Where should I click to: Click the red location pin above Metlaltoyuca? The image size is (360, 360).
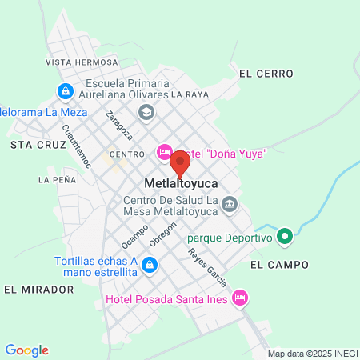coord(180,162)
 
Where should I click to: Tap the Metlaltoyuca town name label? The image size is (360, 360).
coord(182,183)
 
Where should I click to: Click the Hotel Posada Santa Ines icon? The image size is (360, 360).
coord(238,298)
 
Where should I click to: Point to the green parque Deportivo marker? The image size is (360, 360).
coord(283,237)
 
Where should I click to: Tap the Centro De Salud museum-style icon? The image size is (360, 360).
coord(230,205)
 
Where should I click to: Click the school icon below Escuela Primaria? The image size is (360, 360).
coord(146,112)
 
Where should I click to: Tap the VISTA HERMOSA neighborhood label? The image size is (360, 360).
coord(81,62)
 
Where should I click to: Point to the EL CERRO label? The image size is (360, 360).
coord(266,74)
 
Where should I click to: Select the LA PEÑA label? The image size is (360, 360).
coord(57,180)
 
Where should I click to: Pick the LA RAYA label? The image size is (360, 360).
coord(190,94)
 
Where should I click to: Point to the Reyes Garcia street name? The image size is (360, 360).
coord(207,268)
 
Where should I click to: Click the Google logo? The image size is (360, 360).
coord(26,350)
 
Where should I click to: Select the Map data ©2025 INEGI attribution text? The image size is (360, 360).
coord(311,354)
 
